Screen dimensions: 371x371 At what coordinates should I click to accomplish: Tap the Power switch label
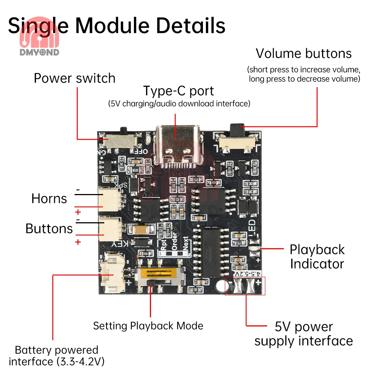click(x=75, y=78)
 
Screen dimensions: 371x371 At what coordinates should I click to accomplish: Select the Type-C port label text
click(x=178, y=91)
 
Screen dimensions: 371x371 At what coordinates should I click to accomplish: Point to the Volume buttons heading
click(x=303, y=53)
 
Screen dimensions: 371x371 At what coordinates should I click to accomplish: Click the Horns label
click(x=49, y=198)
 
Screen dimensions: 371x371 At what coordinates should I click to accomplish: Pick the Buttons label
click(x=49, y=229)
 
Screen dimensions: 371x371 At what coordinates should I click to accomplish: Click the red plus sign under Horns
click(x=78, y=212)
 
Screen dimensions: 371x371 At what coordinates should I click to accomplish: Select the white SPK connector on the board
click(x=110, y=198)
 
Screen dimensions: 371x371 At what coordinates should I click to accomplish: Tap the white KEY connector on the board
click(x=110, y=227)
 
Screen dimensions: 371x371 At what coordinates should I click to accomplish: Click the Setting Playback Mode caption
click(x=148, y=326)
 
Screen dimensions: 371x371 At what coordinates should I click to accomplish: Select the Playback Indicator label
click(x=317, y=257)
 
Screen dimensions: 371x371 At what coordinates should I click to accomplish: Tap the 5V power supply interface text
click(x=303, y=334)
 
